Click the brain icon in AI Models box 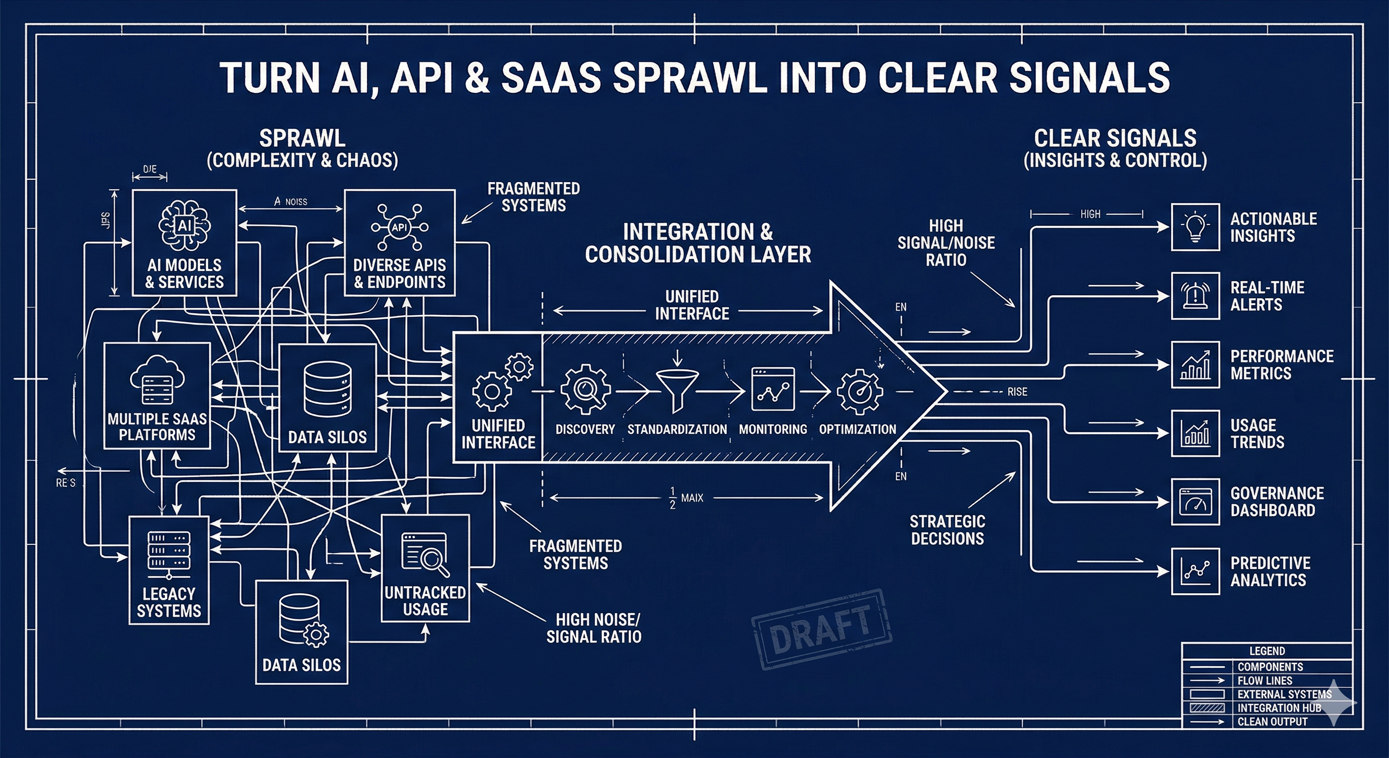click(x=184, y=226)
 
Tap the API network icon click(x=399, y=227)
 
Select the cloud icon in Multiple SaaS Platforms click(x=157, y=379)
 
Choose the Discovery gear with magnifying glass click(x=585, y=389)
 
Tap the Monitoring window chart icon click(x=773, y=389)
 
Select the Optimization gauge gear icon click(x=860, y=391)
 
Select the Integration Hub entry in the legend click(x=1279, y=708)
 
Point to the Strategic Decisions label click(x=947, y=530)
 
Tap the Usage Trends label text click(x=1257, y=433)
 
